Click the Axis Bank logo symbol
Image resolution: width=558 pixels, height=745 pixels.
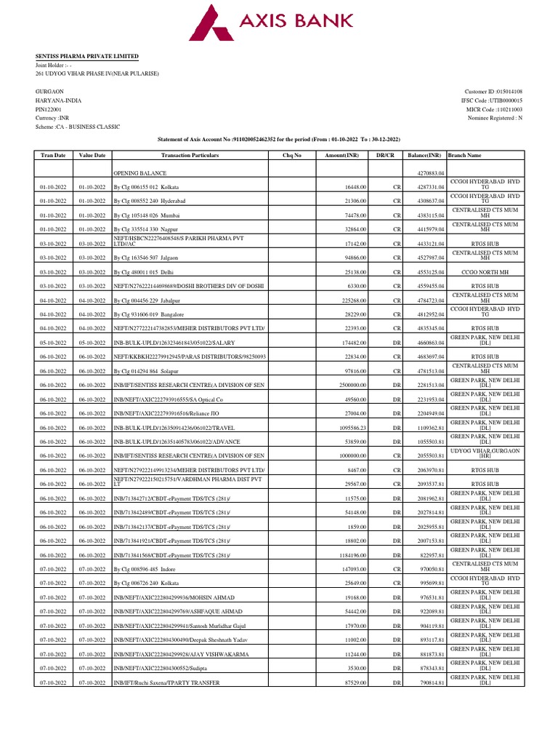click(x=212, y=21)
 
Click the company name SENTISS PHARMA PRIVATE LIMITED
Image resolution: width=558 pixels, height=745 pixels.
click(x=87, y=56)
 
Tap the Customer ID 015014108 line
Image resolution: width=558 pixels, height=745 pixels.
click(x=494, y=92)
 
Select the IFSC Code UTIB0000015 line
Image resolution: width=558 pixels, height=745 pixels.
click(x=492, y=100)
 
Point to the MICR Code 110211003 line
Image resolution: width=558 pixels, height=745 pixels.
click(x=494, y=109)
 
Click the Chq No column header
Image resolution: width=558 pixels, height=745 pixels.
click(x=293, y=155)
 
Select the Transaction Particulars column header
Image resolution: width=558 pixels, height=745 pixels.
click(x=190, y=155)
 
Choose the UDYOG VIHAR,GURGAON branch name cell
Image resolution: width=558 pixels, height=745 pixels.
click(x=485, y=456)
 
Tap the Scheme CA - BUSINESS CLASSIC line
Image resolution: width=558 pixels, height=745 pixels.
click(x=78, y=127)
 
